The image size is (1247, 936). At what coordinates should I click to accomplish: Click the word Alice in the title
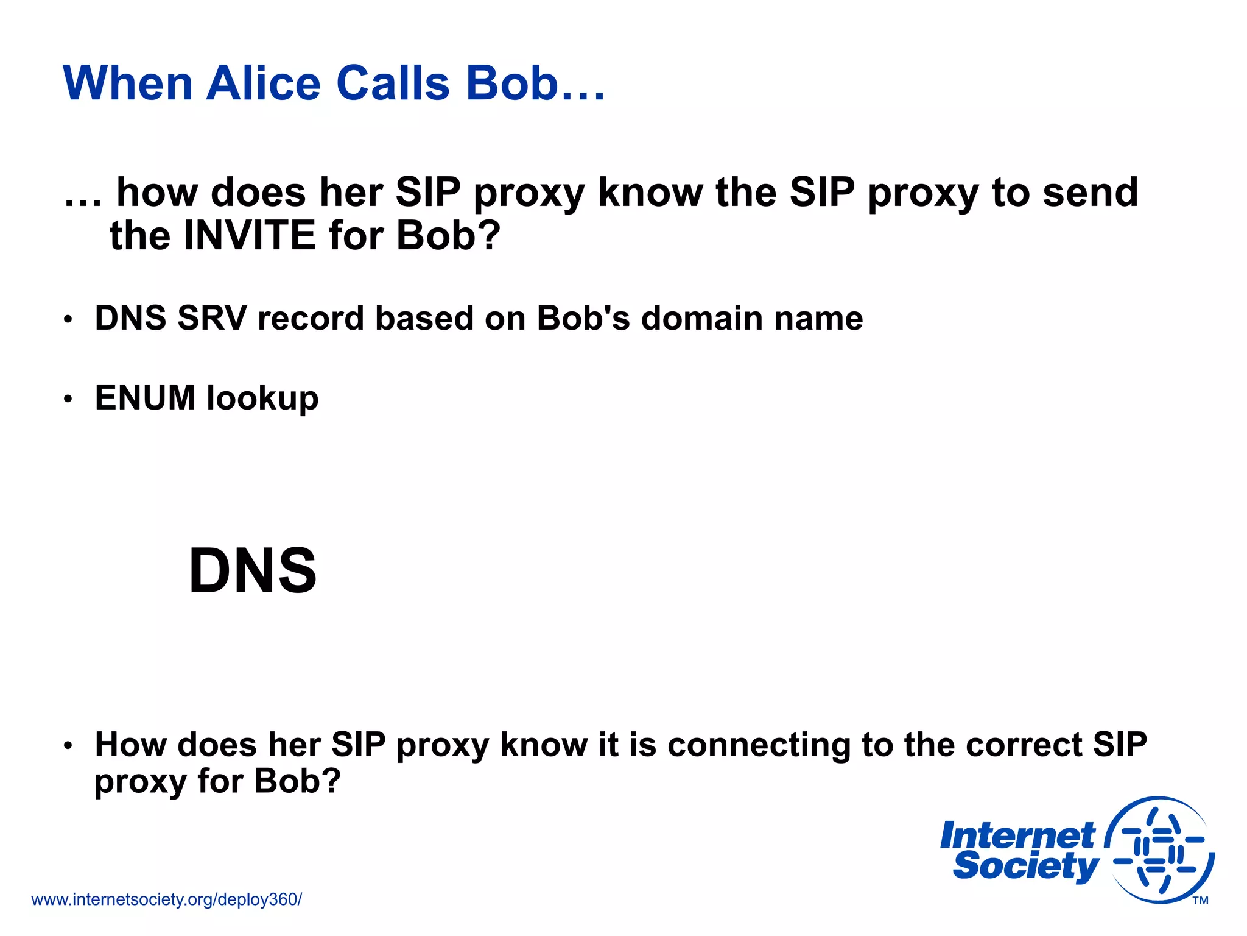tap(263, 83)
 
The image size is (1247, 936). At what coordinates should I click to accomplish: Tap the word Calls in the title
tap(393, 83)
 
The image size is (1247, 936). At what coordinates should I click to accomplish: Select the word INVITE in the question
tap(249, 236)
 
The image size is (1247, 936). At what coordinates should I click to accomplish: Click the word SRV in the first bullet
tap(212, 318)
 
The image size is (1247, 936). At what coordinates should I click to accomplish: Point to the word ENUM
tap(145, 398)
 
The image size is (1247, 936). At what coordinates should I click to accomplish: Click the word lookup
tap(262, 399)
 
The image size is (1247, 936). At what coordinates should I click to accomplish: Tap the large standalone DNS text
tap(253, 570)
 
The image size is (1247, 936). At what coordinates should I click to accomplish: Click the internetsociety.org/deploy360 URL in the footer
tap(166, 899)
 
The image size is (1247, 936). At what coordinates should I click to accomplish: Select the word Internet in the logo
tap(1017, 835)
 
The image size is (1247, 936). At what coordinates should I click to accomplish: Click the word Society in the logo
tap(1025, 866)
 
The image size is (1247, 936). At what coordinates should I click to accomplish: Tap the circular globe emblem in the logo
tap(1159, 849)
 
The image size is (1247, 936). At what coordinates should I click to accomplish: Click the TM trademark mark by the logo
tap(1200, 901)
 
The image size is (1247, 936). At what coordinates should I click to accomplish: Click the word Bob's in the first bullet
tap(583, 318)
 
